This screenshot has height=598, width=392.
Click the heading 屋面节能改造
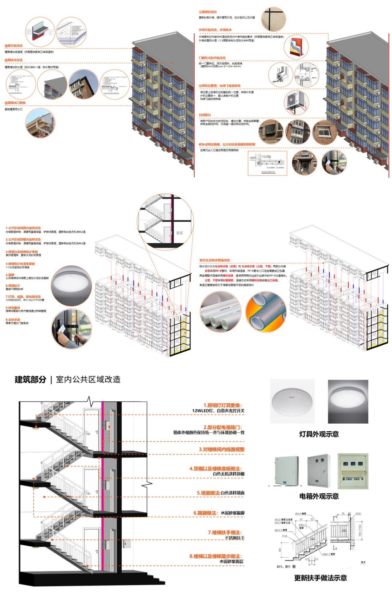tap(13, 46)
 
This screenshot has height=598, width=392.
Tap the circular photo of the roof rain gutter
tap(40, 124)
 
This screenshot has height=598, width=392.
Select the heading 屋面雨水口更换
tap(15, 103)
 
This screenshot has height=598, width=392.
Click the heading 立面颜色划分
tap(208, 12)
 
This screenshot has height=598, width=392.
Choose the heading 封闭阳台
tap(205, 115)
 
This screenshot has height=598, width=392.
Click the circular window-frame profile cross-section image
tap(281, 74)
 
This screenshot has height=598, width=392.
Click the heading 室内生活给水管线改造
tap(215, 260)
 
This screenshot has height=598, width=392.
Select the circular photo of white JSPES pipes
tap(220, 312)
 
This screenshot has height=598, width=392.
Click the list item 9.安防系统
tap(13, 320)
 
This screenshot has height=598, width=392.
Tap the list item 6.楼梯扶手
tap(13, 286)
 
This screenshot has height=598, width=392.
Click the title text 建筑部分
tap(30, 380)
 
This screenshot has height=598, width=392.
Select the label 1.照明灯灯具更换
tap(222, 405)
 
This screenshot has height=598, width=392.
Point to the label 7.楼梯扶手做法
tap(225, 532)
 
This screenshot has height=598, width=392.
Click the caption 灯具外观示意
tap(319, 434)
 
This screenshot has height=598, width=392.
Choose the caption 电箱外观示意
tap(319, 496)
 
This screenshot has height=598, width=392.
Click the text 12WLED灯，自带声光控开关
tap(218, 411)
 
